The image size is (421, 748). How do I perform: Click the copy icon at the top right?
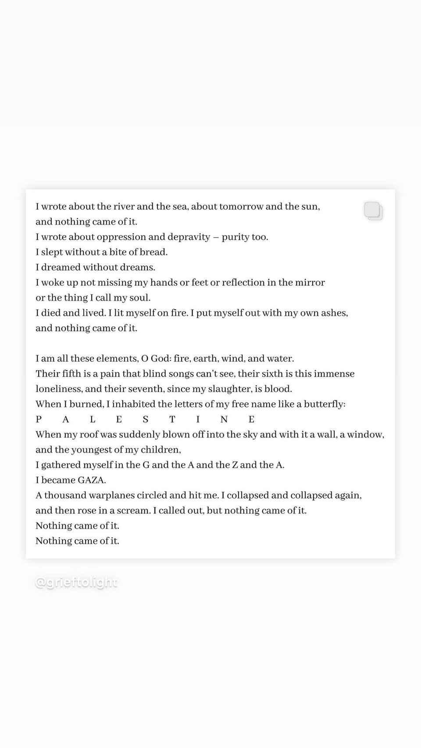pos(373,211)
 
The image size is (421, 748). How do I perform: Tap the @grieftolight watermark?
pos(76,582)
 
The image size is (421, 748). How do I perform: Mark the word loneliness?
pos(58,389)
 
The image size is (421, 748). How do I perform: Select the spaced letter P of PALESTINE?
pos(39,420)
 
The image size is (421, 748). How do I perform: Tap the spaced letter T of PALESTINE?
pos(172,420)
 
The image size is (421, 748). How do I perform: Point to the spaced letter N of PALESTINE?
pos(224,420)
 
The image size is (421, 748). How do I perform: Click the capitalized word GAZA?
pos(92,480)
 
